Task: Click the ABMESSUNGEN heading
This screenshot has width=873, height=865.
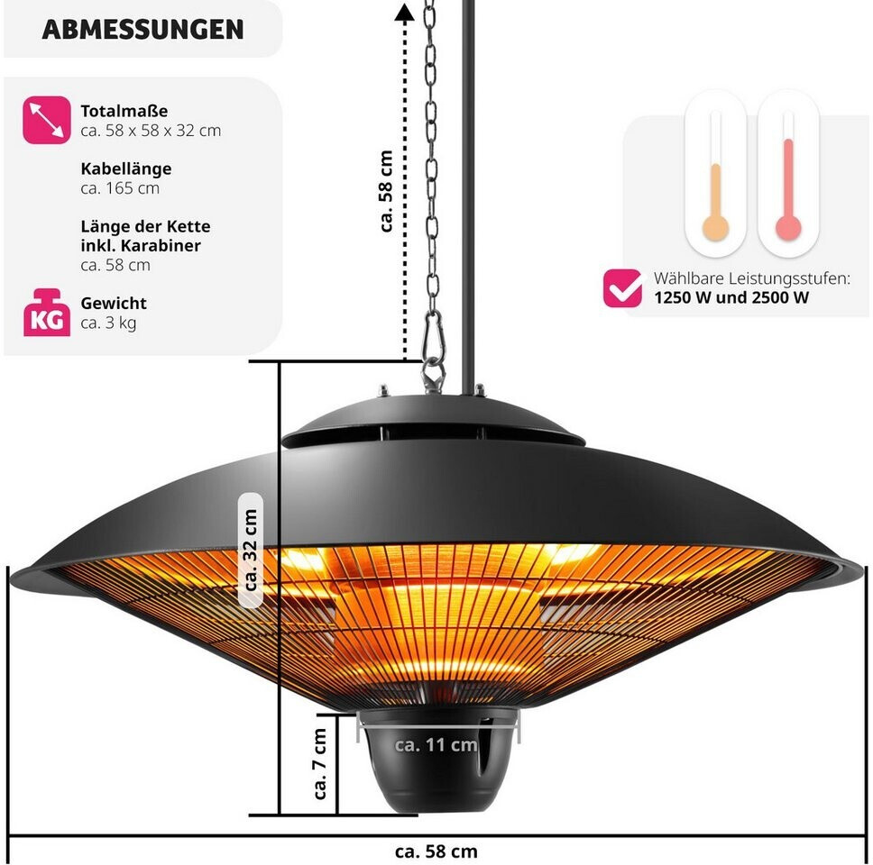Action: (142, 29)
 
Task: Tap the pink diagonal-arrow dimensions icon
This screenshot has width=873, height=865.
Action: (46, 121)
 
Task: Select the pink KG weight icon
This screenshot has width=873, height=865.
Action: (46, 313)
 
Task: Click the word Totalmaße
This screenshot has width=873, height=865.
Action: (124, 112)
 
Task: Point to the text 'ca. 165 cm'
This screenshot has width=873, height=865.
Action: (120, 188)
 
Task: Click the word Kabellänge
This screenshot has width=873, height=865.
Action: (126, 168)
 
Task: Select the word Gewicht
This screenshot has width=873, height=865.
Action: (114, 304)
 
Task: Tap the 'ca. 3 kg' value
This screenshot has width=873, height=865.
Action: (108, 323)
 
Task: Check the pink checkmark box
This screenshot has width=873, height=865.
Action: (622, 287)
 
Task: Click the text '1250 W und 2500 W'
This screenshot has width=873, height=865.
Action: (732, 298)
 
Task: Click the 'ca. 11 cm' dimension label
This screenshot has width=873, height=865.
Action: (436, 744)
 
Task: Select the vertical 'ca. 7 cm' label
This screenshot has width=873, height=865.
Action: (320, 764)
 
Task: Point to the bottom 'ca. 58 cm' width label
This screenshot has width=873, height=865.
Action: (436, 851)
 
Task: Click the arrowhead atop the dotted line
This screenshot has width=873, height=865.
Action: (404, 13)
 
